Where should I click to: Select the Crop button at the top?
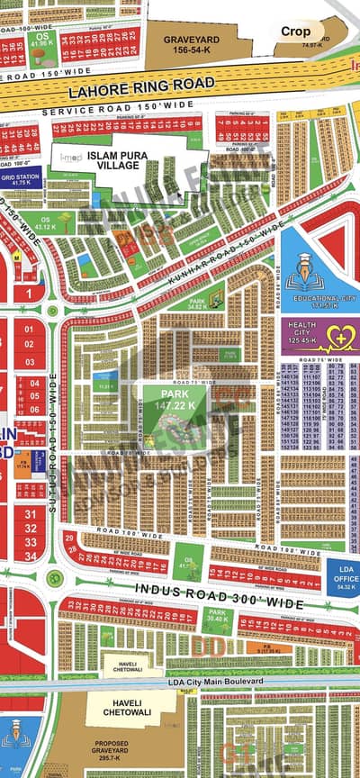pyautogui.click(x=295, y=31)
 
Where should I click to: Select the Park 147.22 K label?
pyautogui.click(x=177, y=401)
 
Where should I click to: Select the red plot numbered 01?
pyautogui.click(x=29, y=330)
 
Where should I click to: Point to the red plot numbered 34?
pyautogui.click(x=31, y=556)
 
